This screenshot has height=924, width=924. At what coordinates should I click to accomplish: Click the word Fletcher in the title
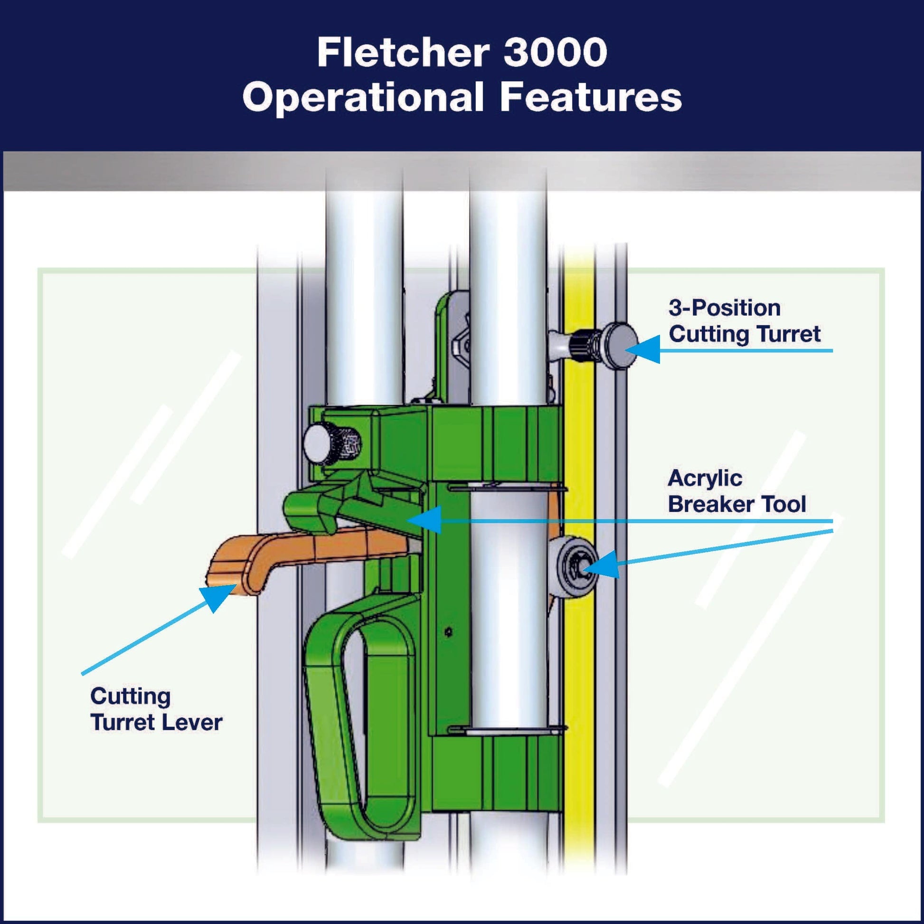point(403,53)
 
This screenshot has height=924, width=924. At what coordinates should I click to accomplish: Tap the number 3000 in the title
point(555,53)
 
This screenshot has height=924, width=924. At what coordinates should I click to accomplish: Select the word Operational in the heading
point(364,97)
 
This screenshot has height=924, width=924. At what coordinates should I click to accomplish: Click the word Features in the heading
point(591,97)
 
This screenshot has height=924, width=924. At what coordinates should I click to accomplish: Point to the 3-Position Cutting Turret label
point(744,321)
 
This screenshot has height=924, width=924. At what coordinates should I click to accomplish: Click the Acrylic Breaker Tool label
point(736,491)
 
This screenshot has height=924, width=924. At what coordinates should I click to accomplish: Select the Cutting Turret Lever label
point(156,709)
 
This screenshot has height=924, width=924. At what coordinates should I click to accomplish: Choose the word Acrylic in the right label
point(705,478)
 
